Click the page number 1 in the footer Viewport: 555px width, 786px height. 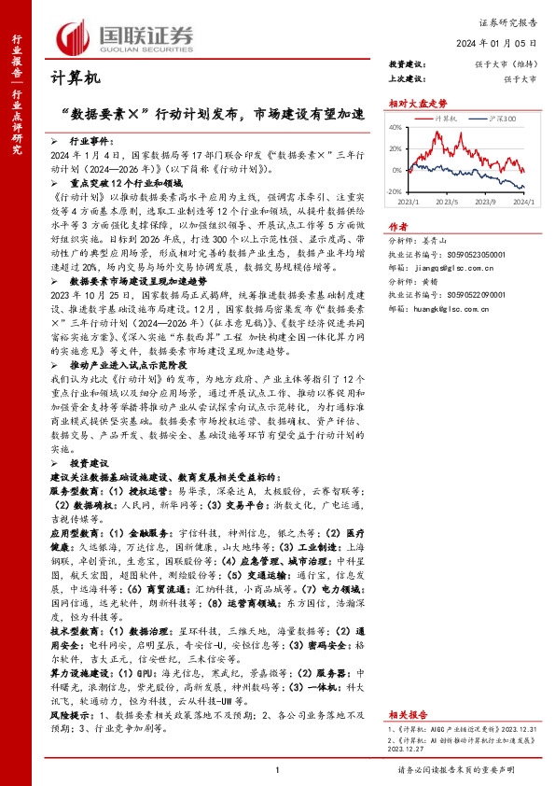coord(277,769)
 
